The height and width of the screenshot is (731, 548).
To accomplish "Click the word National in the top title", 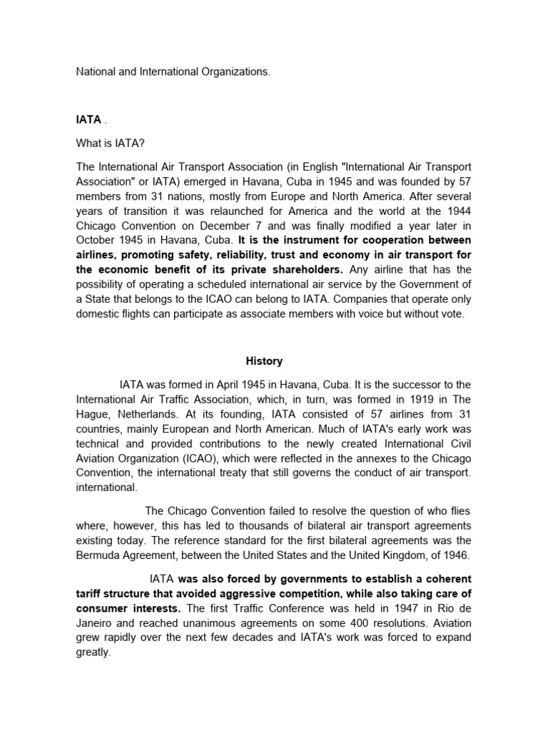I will [x=96, y=72].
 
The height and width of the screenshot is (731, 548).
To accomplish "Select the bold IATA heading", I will [x=90, y=120].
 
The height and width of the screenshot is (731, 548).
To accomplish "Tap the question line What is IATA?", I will [x=111, y=143].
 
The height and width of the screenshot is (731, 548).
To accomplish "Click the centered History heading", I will [x=264, y=361].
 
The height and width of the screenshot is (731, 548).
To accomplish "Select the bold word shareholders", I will [x=308, y=269].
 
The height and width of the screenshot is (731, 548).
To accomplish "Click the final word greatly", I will [x=94, y=652].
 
